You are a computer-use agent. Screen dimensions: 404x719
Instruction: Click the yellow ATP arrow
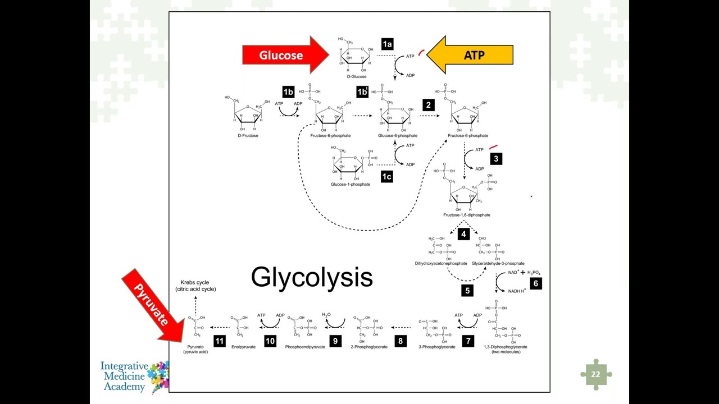point(472,55)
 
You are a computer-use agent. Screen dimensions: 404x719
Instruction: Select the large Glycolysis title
point(312,277)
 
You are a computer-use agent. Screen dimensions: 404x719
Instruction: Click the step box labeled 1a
point(387,44)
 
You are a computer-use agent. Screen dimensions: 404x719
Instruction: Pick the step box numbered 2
point(429,105)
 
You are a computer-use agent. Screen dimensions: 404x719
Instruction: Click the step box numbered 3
point(495,159)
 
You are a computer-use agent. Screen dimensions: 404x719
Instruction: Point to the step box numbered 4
point(463,233)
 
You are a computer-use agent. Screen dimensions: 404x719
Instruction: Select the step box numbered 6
point(535,283)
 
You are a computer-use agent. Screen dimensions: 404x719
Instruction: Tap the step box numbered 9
point(335,341)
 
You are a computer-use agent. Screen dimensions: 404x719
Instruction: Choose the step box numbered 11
point(219,341)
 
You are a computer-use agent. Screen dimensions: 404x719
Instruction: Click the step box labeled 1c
point(386,177)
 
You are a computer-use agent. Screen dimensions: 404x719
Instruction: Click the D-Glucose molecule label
point(357,77)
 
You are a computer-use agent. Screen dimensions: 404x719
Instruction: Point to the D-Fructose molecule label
point(248,136)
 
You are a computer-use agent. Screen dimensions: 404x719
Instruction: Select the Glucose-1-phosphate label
point(351,185)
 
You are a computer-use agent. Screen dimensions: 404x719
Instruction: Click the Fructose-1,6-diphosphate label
point(466,215)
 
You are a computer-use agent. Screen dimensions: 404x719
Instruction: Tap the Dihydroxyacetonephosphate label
point(441,263)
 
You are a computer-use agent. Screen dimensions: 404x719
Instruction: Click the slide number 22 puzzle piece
point(595,374)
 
